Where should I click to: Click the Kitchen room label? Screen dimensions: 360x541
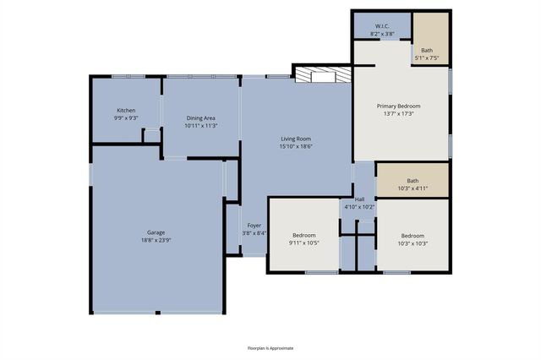pyautogui.click(x=126, y=111)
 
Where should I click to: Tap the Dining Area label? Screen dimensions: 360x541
pyautogui.click(x=201, y=118)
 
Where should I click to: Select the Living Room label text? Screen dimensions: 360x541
pyautogui.click(x=297, y=139)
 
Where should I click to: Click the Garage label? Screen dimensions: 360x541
pyautogui.click(x=155, y=232)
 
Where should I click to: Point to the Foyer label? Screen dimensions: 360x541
pyautogui.click(x=254, y=226)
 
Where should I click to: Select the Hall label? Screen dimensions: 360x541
pyautogui.click(x=359, y=199)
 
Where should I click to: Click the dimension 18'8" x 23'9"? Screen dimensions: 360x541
pyautogui.click(x=155, y=240)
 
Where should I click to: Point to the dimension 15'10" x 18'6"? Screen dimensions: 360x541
pyautogui.click(x=297, y=146)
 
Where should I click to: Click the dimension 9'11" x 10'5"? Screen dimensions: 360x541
pyautogui.click(x=304, y=243)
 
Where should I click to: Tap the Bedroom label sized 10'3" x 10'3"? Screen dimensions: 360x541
pyautogui.click(x=413, y=236)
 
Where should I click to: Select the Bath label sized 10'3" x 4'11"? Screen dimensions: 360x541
pyautogui.click(x=413, y=180)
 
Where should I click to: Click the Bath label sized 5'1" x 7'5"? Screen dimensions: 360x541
pyautogui.click(x=427, y=51)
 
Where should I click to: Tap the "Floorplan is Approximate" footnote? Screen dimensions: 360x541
pyautogui.click(x=270, y=347)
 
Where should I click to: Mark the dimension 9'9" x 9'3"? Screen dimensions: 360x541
pyautogui.click(x=126, y=118)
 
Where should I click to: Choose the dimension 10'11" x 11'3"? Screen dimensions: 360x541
pyautogui.click(x=201, y=126)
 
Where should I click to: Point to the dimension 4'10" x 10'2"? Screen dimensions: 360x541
pyautogui.click(x=359, y=207)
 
